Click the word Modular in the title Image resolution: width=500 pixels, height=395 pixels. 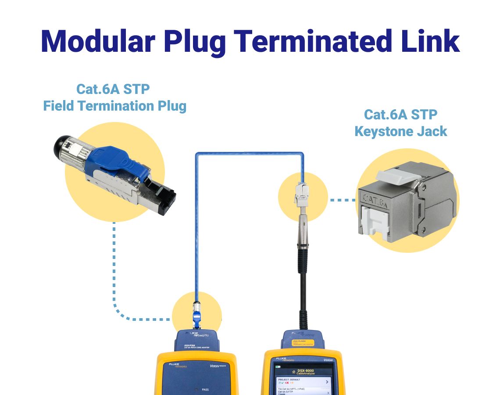(97, 41)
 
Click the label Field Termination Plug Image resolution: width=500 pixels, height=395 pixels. (114, 106)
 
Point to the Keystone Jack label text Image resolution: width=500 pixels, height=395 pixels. (401, 131)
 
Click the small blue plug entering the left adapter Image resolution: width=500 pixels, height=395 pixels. (196, 316)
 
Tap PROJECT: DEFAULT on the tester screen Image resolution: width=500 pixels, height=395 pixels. (289, 380)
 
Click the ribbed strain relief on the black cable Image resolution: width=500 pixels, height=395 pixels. (303, 263)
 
